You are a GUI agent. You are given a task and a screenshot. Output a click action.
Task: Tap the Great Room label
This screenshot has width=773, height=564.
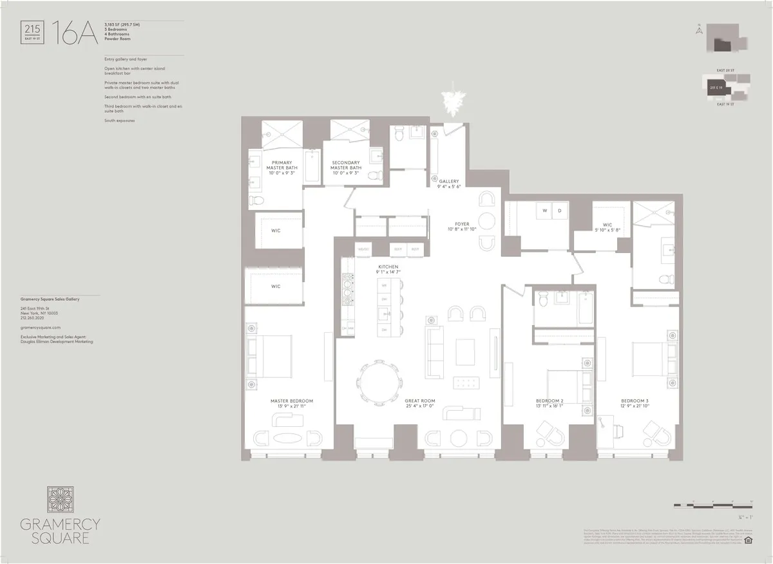(419, 403)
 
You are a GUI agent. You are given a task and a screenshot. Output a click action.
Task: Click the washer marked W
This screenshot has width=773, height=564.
(545, 211)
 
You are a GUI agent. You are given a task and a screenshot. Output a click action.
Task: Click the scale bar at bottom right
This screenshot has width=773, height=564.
(712, 503)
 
